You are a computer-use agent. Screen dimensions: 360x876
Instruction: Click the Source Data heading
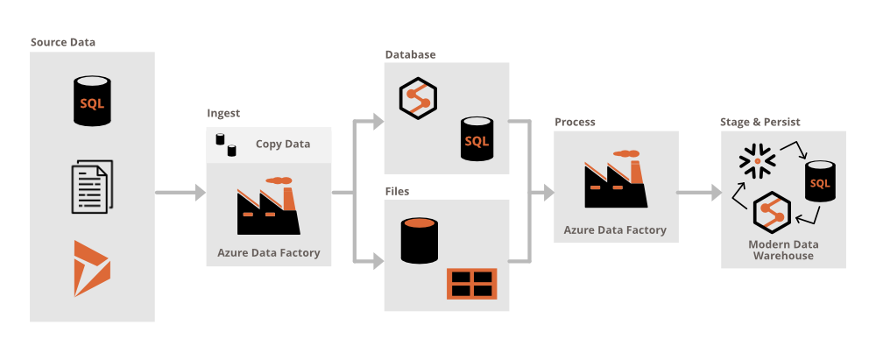[63, 42]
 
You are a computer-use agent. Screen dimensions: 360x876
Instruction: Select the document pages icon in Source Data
[91, 187]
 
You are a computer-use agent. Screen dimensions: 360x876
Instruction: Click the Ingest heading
[223, 113]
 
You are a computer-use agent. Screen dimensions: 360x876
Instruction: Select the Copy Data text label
[282, 144]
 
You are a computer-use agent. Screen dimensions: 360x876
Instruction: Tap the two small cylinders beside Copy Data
[226, 145]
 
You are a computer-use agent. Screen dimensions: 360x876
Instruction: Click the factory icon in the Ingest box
[268, 206]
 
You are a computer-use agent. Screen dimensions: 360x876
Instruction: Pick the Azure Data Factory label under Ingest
[268, 253]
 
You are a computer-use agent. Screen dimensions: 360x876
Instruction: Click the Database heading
[410, 54]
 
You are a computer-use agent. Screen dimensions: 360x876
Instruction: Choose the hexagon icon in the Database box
[418, 99]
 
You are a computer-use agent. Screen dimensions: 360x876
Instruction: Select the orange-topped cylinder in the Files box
[419, 241]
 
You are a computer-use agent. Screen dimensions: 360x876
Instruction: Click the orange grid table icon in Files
[471, 283]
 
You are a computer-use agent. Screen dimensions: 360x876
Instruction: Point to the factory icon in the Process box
[616, 182]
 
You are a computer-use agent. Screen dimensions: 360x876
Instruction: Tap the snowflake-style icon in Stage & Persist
[752, 159]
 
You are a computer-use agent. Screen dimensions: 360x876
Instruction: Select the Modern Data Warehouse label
[781, 250]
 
